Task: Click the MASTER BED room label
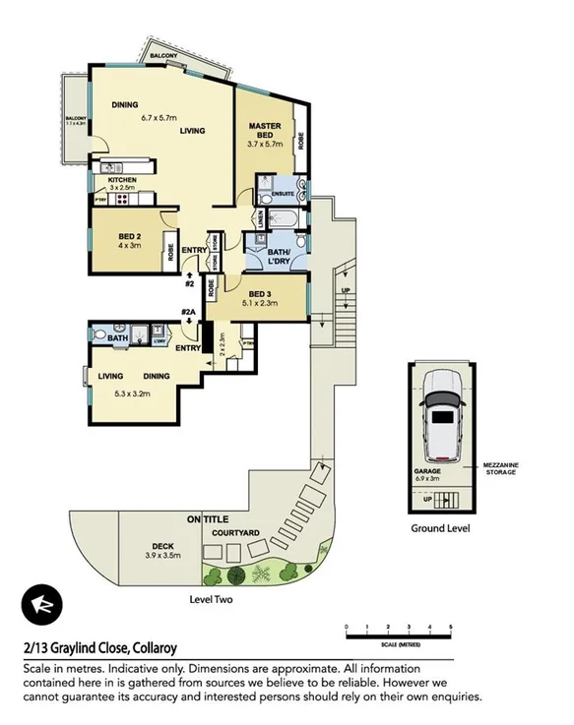[265, 130]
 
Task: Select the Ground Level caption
[440, 528]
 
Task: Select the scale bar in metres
[398, 630]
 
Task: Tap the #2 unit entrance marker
[189, 285]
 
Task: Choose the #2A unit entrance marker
[188, 314]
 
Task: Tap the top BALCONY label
[163, 58]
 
